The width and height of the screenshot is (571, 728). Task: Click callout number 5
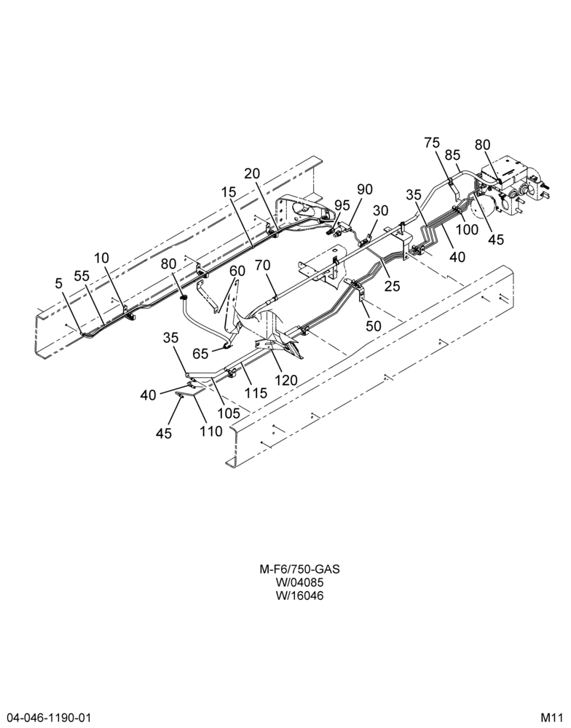point(58,283)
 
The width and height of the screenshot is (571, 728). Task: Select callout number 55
point(82,276)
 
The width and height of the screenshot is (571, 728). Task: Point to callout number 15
point(229,191)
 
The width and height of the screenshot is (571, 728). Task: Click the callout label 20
point(252,173)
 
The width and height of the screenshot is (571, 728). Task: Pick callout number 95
point(342,205)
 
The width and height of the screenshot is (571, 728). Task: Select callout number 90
point(365,189)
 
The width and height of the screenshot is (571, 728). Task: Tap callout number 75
point(432,143)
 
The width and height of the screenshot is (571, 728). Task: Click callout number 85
point(452,154)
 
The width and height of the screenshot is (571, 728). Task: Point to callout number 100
point(466,229)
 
